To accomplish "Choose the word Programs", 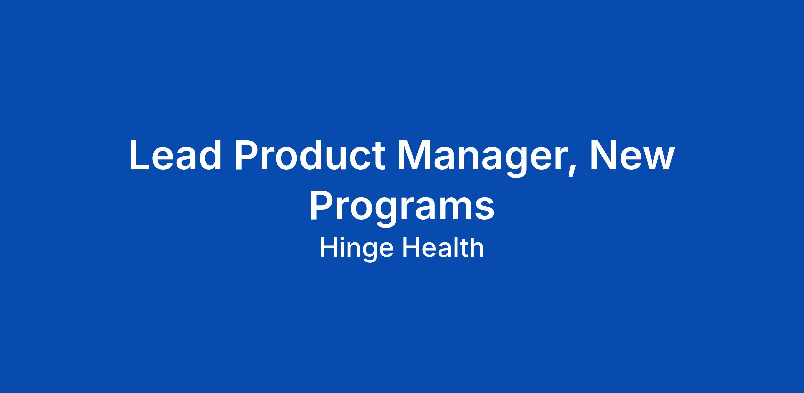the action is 402,208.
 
